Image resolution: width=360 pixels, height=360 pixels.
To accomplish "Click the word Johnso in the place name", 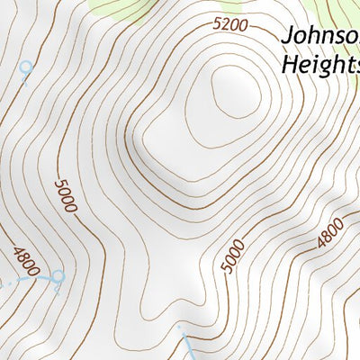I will point(320,37).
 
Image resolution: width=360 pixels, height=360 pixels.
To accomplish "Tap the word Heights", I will point(320,66).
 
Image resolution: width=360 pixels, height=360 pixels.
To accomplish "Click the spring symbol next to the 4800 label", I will point(58,276).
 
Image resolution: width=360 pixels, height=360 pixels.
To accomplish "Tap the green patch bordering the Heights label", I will point(346,22).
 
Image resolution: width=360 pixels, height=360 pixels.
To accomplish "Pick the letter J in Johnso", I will point(288,37).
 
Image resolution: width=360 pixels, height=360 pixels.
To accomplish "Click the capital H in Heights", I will point(290,65).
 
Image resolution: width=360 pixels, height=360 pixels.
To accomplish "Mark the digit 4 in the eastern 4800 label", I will point(320,242).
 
